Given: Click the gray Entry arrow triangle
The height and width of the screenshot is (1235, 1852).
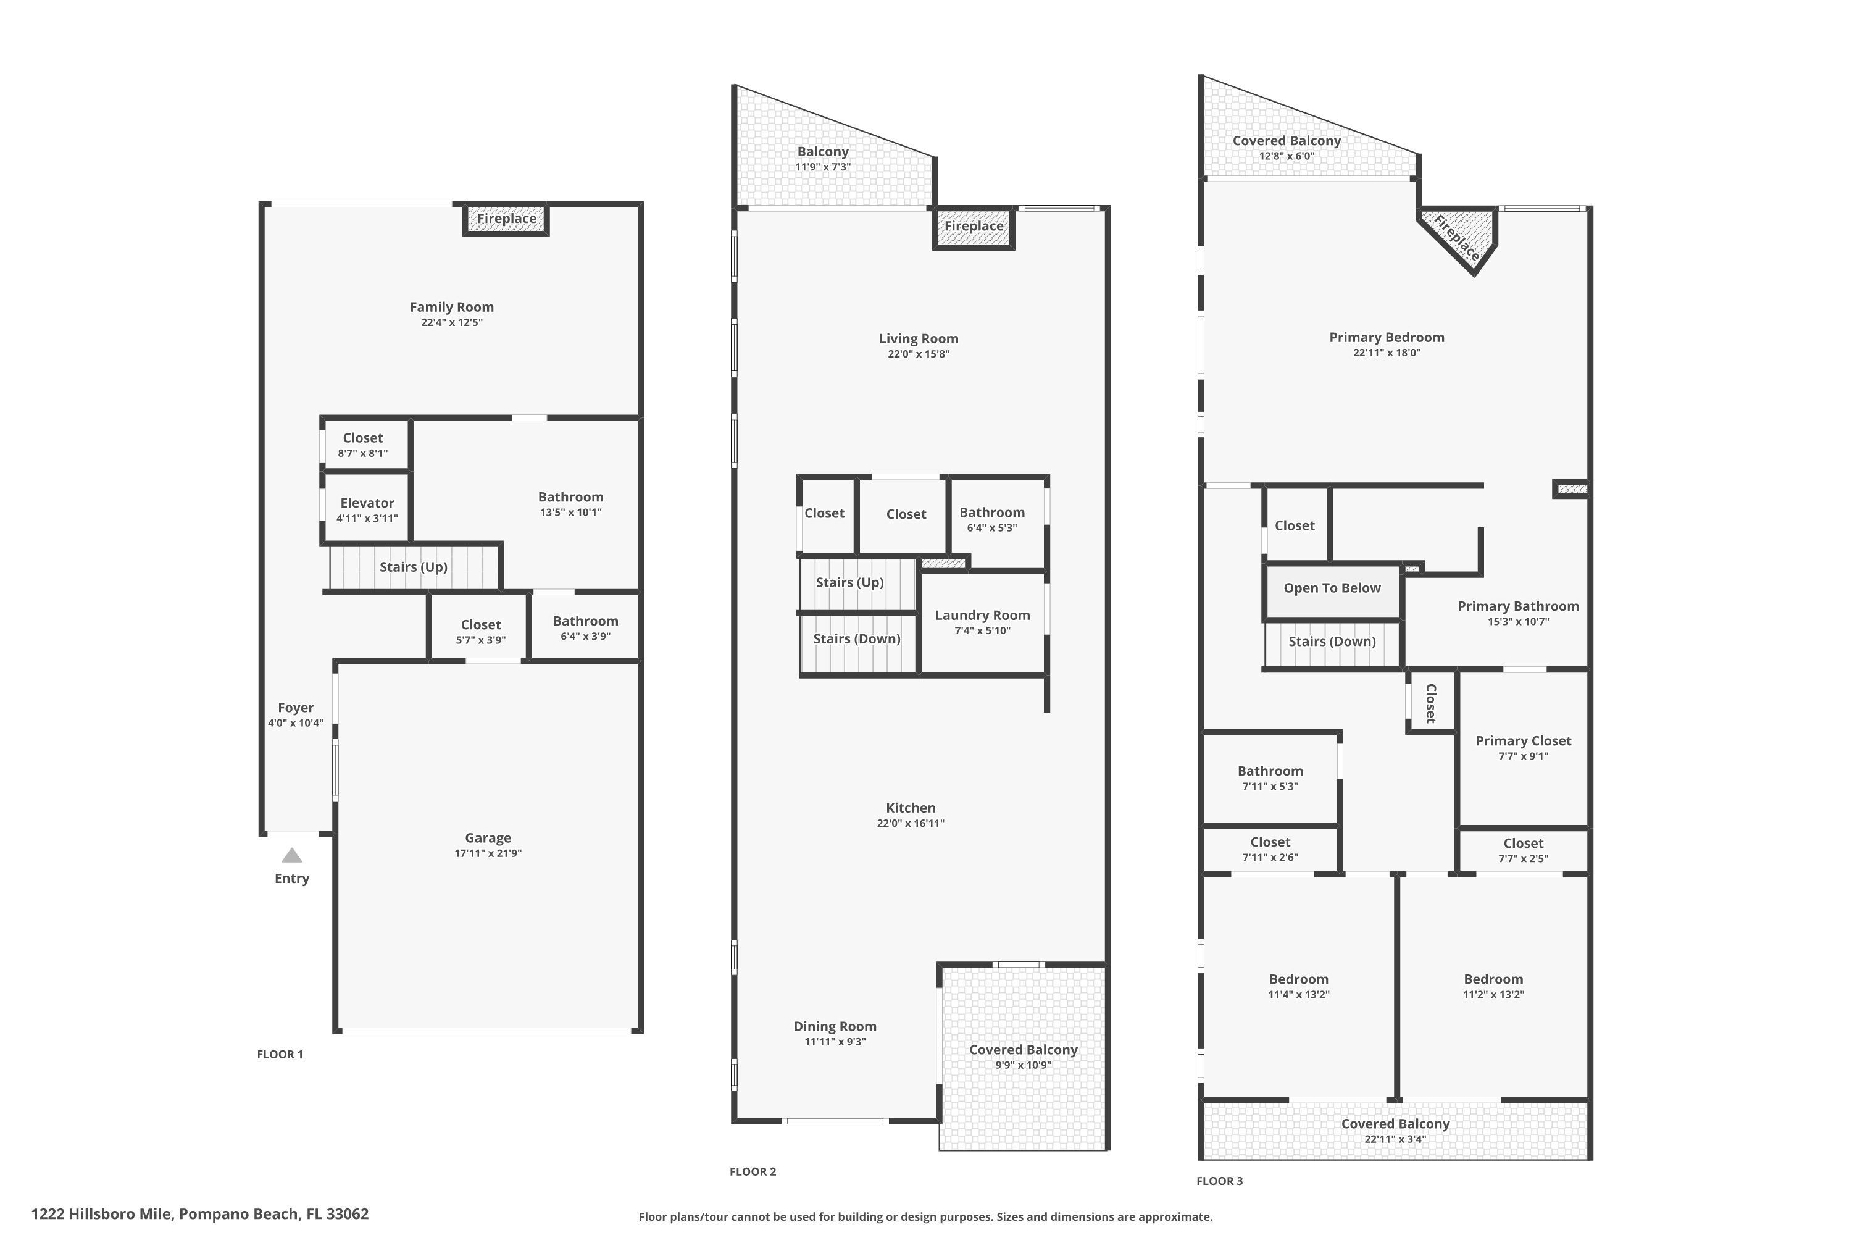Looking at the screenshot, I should [x=292, y=855].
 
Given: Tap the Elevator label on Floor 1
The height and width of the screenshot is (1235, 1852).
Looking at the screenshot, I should [x=367, y=503].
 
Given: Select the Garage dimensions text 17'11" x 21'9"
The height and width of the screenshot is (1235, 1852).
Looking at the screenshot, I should [x=488, y=853].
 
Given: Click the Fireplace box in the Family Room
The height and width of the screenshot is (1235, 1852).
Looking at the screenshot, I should [x=506, y=219].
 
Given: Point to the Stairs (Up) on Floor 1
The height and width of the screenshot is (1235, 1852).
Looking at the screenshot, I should [x=414, y=567].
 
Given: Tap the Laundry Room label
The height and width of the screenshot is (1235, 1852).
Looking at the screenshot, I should [x=982, y=615].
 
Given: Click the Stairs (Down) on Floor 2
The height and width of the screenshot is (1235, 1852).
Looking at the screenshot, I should [x=857, y=638].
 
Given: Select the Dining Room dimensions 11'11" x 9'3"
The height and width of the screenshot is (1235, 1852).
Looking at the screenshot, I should [x=835, y=1041].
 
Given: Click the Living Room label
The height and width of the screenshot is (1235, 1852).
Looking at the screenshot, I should [x=918, y=338].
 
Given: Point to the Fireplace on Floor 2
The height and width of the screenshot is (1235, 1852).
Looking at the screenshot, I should [x=974, y=226].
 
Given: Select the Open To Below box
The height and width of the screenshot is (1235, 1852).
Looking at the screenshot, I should [x=1332, y=588].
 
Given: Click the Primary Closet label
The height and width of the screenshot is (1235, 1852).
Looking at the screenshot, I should [x=1523, y=741].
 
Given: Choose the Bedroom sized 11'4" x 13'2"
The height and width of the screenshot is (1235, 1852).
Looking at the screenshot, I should [x=1298, y=986].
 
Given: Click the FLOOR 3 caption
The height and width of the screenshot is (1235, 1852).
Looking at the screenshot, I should [x=1219, y=1181].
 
